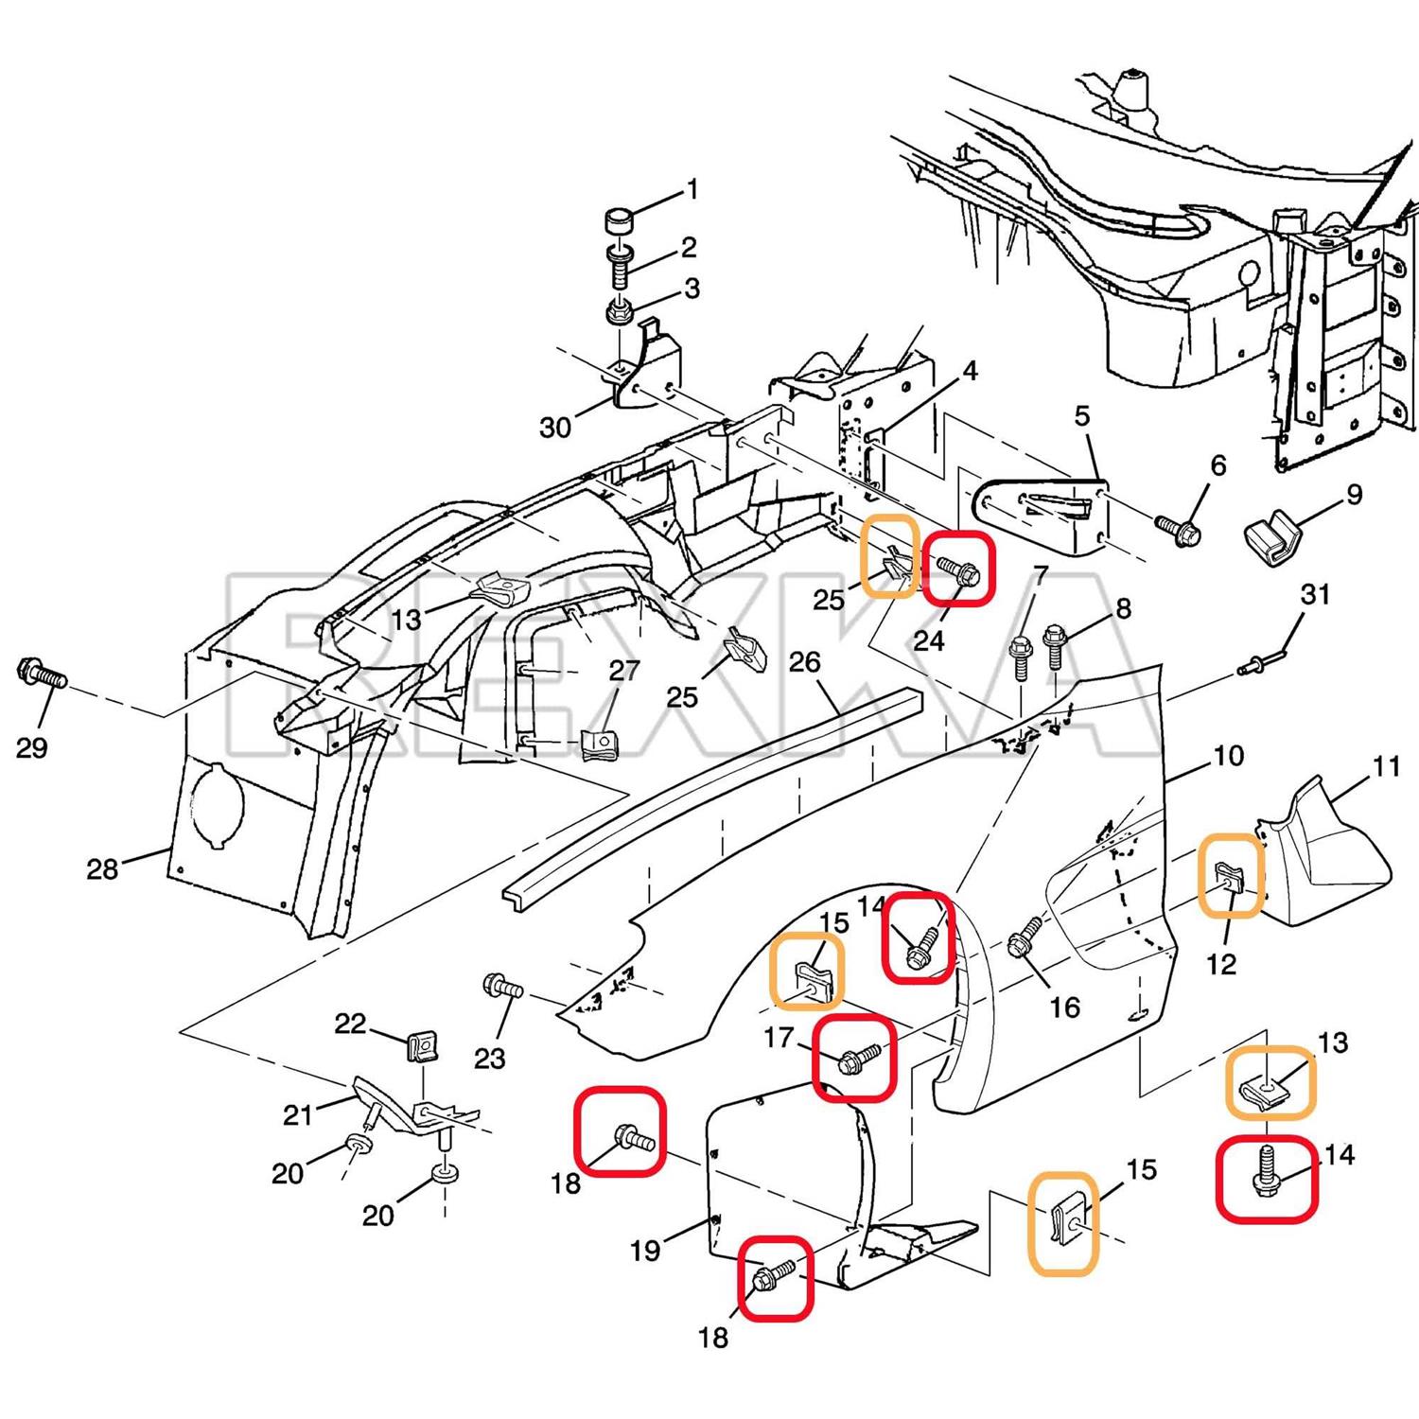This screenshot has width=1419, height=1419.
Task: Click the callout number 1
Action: pos(692,190)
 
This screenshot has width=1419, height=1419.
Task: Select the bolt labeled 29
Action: pos(41,674)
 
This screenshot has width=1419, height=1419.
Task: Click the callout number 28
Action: pos(102,868)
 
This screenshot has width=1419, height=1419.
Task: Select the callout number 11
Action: pos(1386,765)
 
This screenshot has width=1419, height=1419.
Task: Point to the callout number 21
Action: pos(298,1114)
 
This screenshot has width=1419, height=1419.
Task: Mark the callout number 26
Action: pos(804,661)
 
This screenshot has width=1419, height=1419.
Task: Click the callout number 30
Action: pos(555,428)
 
